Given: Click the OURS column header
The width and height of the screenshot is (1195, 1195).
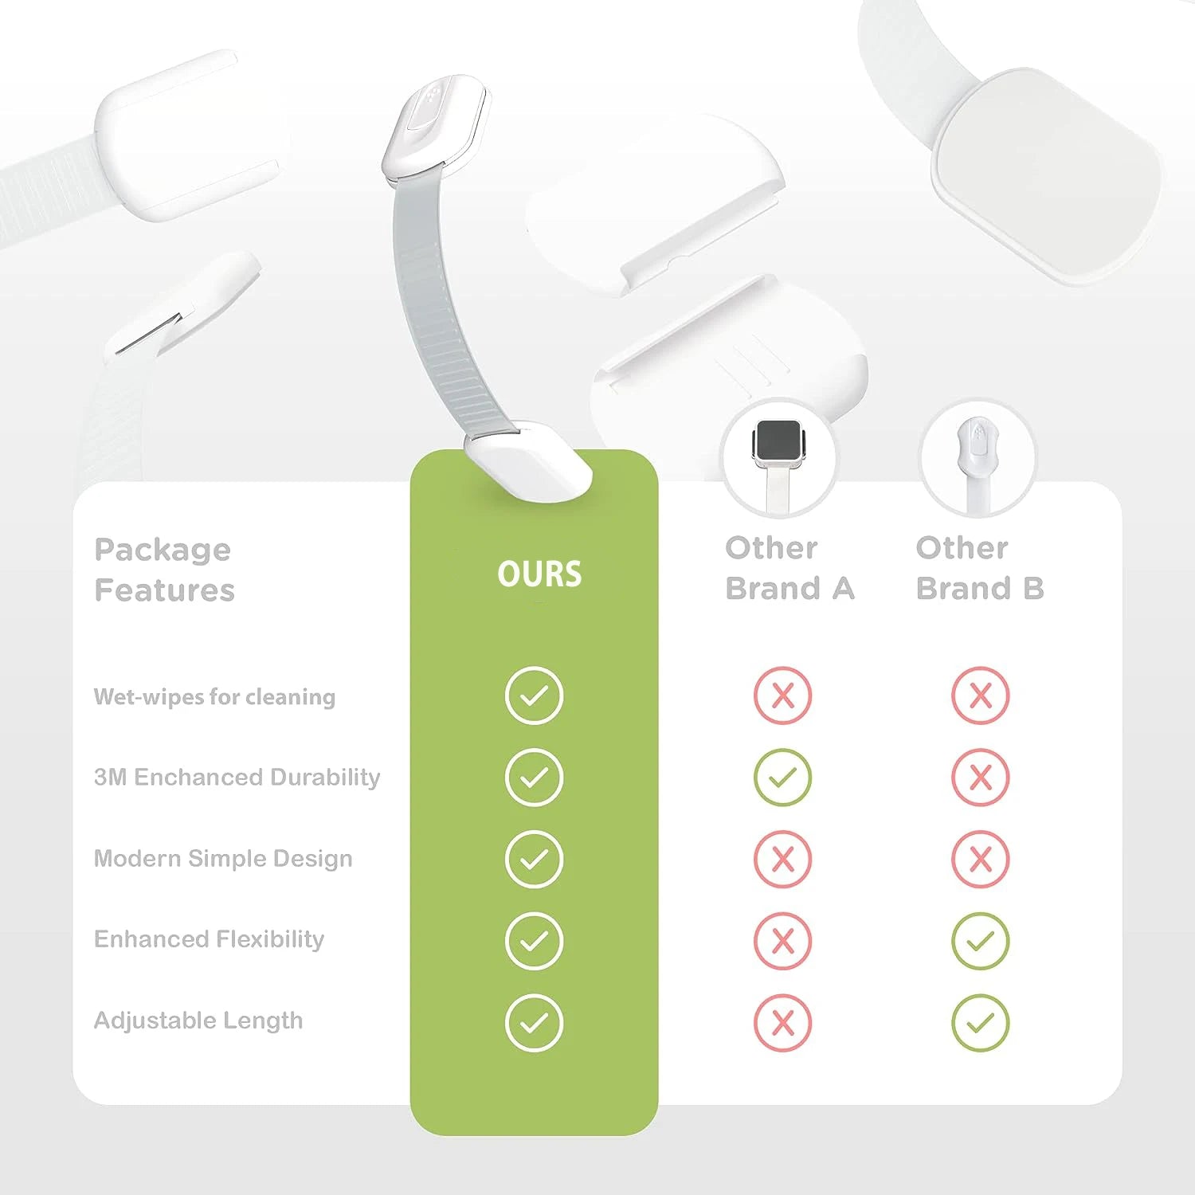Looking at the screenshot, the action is tap(539, 574).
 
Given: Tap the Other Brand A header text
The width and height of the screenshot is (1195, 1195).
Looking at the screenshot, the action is tap(789, 568).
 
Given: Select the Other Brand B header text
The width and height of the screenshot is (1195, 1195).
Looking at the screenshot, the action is tap(980, 568).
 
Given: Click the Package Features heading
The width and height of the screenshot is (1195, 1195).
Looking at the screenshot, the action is tap(164, 570).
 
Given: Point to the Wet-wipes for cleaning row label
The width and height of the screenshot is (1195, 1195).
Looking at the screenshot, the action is tap(214, 697).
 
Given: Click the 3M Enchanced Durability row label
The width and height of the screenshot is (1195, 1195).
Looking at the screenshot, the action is tap(237, 777).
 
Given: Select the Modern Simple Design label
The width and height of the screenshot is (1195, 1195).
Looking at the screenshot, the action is tap(223, 858).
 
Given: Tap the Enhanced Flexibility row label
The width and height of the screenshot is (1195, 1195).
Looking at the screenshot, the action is tap(209, 939).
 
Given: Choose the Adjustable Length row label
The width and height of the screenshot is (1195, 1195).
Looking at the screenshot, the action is tap(198, 1021).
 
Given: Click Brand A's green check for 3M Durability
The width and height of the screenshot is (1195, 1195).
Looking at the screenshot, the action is tap(782, 777).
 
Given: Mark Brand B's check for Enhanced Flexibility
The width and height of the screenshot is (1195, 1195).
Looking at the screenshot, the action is tap(981, 941).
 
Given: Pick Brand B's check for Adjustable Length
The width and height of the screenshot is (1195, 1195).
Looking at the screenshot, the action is tap(981, 1023).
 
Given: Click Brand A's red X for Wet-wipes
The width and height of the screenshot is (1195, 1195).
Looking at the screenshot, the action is tap(782, 695).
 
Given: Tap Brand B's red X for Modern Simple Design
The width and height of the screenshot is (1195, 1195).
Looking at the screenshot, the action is tap(981, 859).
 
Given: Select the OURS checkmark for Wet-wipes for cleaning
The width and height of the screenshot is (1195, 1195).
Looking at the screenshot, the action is tap(534, 695).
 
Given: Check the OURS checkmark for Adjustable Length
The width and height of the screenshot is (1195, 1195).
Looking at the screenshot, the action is tap(534, 1023).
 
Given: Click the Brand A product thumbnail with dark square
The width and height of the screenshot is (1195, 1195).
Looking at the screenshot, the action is tap(780, 459).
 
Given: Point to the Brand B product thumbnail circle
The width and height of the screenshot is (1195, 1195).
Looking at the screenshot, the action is tap(978, 459).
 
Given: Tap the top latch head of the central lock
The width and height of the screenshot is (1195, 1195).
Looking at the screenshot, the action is tap(435, 126).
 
